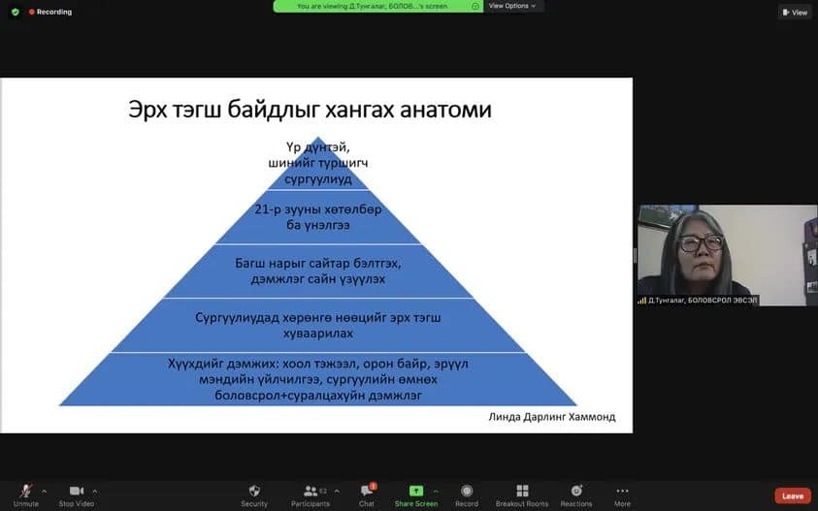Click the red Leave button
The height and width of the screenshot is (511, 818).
click(793, 495)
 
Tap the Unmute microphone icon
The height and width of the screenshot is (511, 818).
click(25, 491)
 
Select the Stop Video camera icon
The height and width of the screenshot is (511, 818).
click(76, 491)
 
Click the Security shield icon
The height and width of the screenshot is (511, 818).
click(254, 491)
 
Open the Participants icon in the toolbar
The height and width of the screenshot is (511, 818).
click(311, 491)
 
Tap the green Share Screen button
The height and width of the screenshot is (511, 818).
click(415, 491)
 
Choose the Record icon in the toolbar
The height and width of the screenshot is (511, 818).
click(467, 491)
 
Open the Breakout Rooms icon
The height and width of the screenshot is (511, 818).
click(522, 491)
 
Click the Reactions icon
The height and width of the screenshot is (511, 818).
click(576, 491)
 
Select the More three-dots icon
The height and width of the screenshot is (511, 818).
click(622, 491)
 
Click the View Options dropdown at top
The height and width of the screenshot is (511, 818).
click(512, 6)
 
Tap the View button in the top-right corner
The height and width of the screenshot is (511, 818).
click(795, 12)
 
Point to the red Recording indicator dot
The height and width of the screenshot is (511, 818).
click(31, 12)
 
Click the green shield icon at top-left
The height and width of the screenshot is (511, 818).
click(16, 12)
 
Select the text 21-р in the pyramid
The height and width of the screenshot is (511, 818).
click(268, 209)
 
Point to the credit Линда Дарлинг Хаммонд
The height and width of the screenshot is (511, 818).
click(552, 417)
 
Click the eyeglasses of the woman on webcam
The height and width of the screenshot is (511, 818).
click(702, 242)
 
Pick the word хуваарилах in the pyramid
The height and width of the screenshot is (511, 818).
click(317, 334)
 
